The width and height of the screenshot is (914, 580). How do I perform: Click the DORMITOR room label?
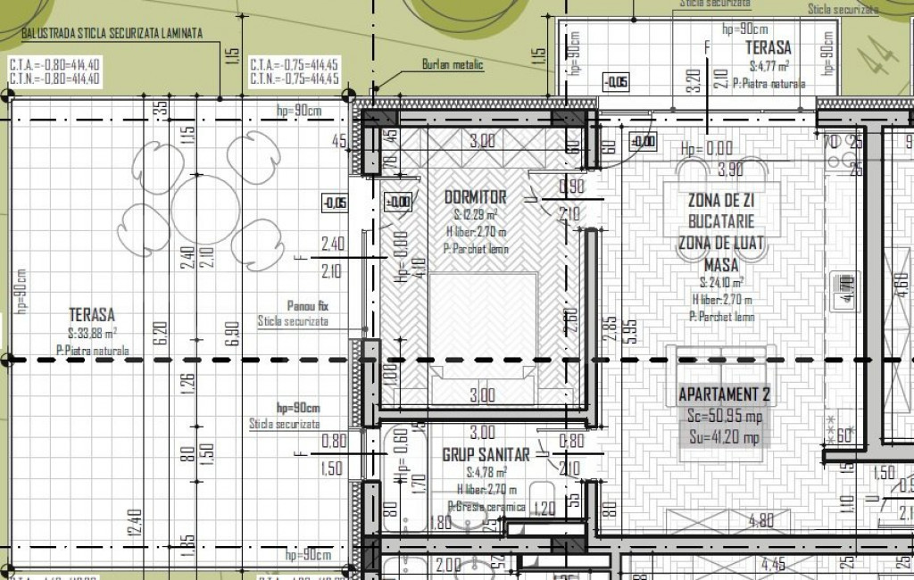475,197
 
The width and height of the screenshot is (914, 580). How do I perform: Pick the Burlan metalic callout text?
452,64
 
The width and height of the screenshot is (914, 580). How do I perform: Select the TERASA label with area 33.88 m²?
91,315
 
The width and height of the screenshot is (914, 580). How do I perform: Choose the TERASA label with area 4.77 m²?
768,49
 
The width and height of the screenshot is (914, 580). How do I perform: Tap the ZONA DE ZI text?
720,201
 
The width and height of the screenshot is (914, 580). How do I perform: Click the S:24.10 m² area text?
721,283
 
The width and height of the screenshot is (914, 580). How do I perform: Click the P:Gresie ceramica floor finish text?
487,506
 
